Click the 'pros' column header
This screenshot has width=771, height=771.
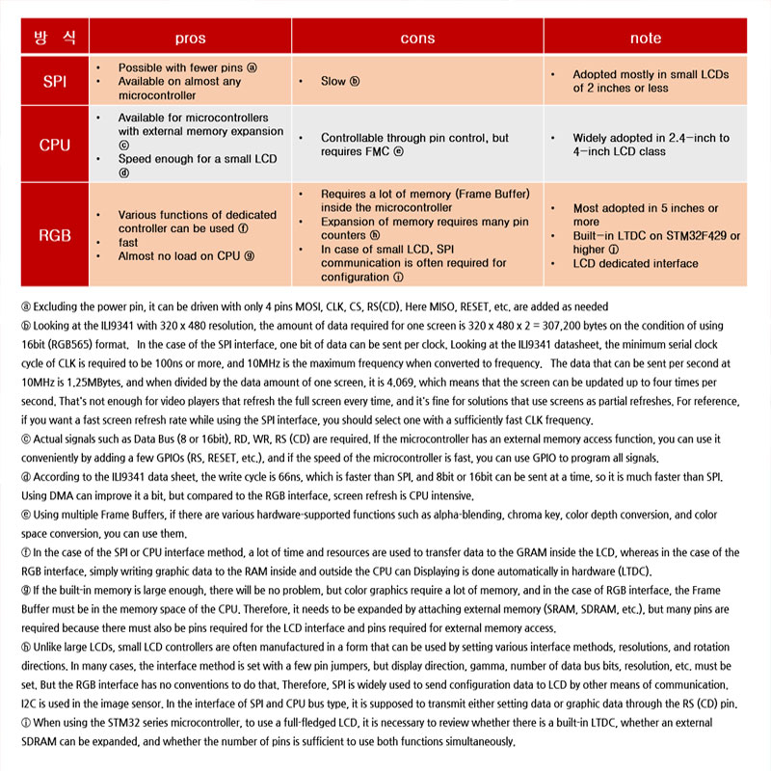190,38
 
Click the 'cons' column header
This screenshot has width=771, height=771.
417,38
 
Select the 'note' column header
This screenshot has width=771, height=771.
645,38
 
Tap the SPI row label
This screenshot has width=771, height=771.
55,82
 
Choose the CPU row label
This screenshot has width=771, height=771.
55,145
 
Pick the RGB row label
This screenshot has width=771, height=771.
55,234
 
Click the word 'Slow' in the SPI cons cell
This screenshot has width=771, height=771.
333,82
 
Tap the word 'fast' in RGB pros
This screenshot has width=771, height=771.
128,243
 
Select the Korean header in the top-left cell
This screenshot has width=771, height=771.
55,38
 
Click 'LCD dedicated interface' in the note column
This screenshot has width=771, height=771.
637,263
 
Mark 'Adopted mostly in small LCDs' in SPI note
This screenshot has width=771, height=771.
651,74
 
